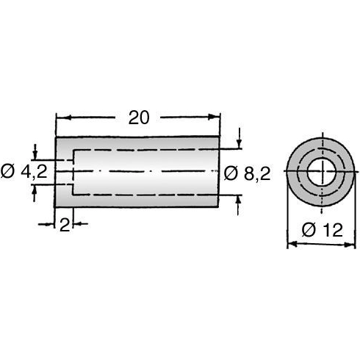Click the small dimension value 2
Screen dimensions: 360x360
tap(65, 226)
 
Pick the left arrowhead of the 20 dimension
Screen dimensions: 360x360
tap(61, 116)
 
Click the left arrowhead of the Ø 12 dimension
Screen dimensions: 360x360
tap(289, 245)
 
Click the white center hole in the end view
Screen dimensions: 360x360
tap(320, 173)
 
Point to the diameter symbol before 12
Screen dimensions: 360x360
tap(308, 230)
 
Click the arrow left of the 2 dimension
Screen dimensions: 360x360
tap(52, 226)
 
